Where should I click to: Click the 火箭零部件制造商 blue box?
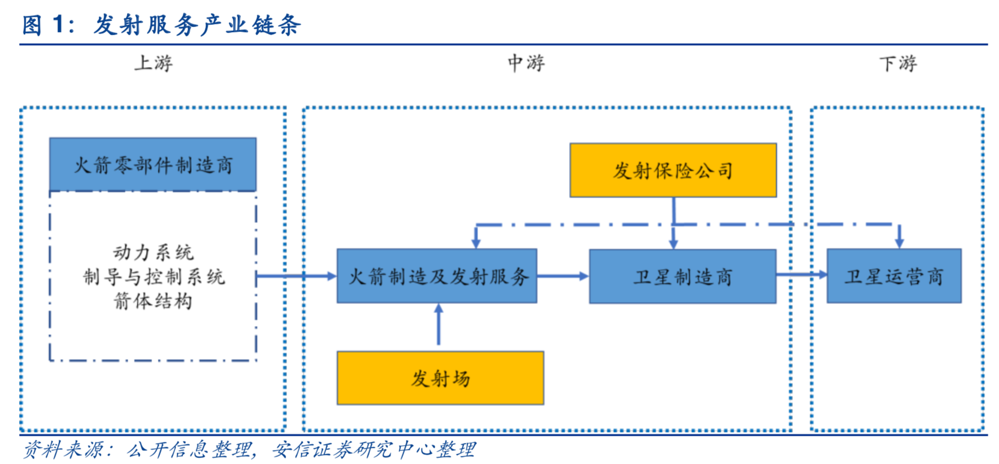153,164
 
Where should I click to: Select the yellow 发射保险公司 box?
673,170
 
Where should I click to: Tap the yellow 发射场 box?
440,378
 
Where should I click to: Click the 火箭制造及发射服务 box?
437,276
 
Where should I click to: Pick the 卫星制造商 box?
683,276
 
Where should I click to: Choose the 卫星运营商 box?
894,276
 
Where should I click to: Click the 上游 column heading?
153,63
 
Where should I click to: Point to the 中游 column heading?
526,63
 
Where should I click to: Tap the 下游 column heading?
898,63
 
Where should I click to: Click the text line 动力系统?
153,252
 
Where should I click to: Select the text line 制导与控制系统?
153,276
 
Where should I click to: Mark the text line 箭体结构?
153,300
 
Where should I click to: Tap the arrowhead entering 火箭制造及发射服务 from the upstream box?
330,276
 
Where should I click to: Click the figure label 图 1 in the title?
48,24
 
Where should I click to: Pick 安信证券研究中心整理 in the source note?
373,449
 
